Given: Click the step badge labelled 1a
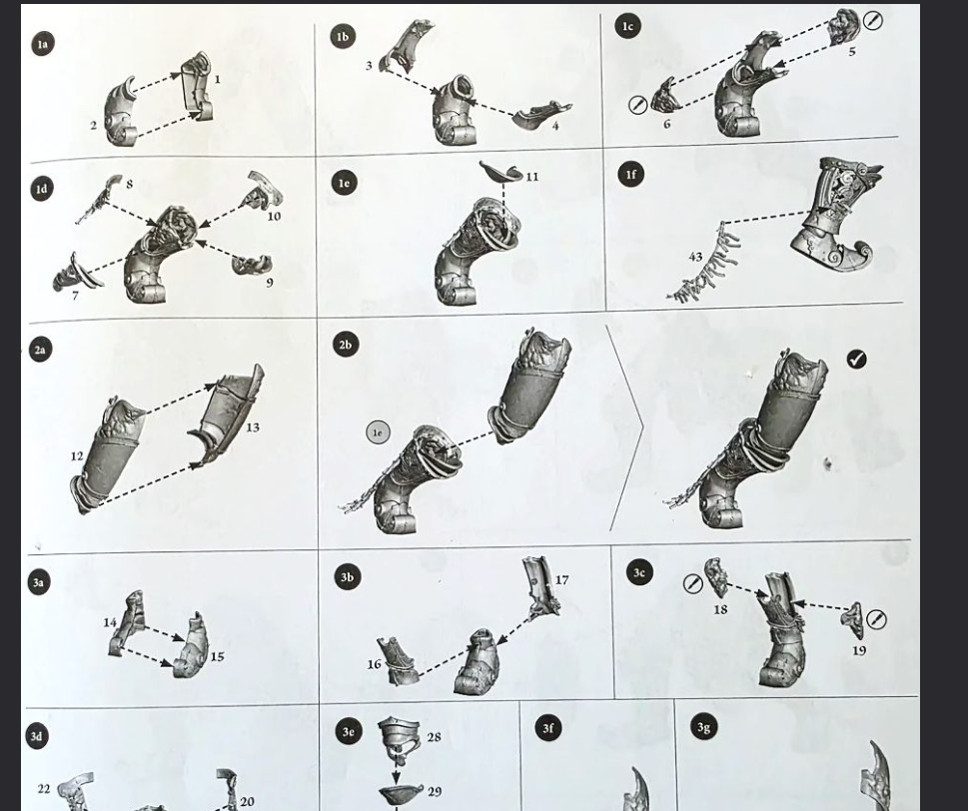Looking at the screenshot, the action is click(x=41, y=44).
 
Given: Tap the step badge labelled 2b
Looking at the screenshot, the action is click(x=346, y=345).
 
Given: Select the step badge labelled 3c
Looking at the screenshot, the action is click(x=639, y=572).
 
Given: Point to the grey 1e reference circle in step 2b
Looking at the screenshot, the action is click(x=378, y=432).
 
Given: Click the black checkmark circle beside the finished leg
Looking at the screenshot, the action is click(x=856, y=359).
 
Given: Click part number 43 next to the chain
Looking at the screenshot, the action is click(x=695, y=256).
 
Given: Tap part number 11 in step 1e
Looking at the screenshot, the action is click(x=532, y=177).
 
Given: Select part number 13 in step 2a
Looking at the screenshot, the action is click(x=253, y=427).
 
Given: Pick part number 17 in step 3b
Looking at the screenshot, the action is click(x=561, y=579).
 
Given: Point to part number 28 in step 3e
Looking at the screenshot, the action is click(x=434, y=737).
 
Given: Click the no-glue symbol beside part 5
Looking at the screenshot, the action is click(x=873, y=21).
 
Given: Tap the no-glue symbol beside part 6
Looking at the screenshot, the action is click(x=637, y=104).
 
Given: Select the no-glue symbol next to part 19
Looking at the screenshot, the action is click(x=877, y=619).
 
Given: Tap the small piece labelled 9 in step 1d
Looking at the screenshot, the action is click(x=252, y=264).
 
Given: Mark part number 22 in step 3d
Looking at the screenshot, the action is click(x=43, y=789).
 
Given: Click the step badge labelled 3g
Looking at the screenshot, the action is click(x=703, y=727).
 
